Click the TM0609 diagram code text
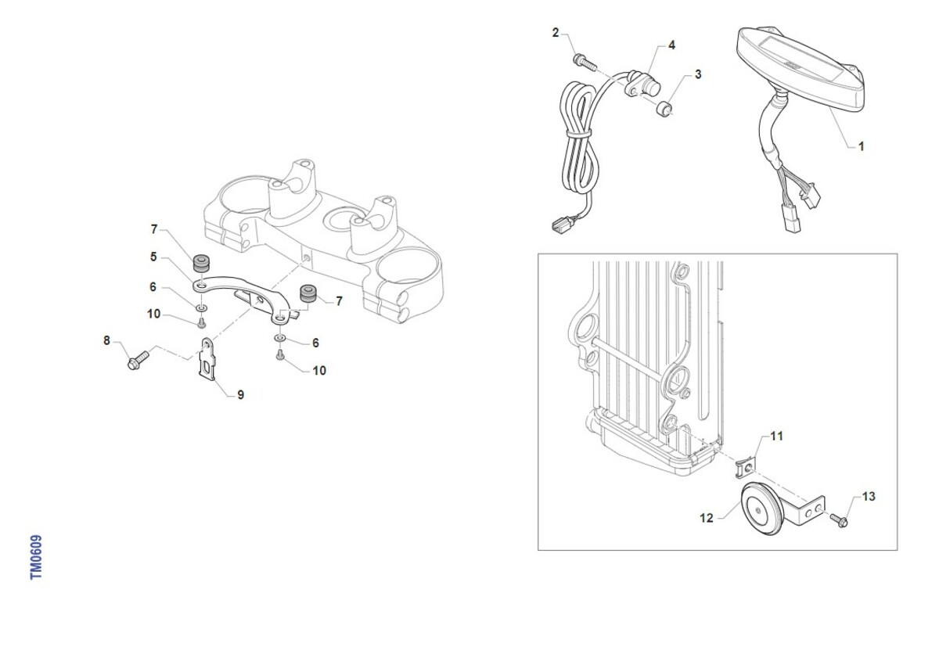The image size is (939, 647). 36,557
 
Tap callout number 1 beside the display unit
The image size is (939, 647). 861,146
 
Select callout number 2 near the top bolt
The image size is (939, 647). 556,33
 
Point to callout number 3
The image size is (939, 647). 698,74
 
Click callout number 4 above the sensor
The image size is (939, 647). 672,45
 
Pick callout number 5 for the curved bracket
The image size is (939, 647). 153,257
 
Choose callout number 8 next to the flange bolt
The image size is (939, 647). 107,340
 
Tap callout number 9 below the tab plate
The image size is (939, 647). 241,395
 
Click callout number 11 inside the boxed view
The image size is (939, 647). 777,437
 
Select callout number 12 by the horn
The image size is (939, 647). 707,519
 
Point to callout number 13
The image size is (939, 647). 869,497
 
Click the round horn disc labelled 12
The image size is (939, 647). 762,509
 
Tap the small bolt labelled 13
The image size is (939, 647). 839,520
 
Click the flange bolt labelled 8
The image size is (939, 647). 138,361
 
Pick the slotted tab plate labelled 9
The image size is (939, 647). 207,359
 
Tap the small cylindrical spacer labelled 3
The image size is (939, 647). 664,109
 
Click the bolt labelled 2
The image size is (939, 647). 585,63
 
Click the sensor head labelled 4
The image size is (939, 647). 642,86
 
